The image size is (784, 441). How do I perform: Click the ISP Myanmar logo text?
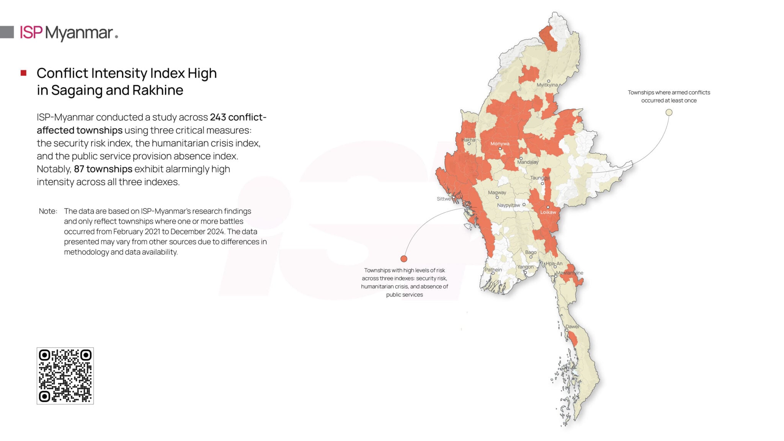tap(69, 33)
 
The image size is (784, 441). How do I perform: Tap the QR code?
tap(65, 376)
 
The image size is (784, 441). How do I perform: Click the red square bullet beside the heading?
tap(24, 73)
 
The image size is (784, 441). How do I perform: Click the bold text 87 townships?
tap(103, 169)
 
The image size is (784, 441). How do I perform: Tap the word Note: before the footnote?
tap(48, 211)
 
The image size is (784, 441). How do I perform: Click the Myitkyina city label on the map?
tap(547, 85)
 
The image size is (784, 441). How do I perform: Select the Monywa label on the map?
tap(500, 144)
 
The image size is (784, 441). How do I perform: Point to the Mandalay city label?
tap(528, 162)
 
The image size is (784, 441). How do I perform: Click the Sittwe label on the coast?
tap(444, 199)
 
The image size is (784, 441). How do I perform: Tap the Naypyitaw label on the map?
tap(508, 206)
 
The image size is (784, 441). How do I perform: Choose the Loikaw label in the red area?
tap(548, 212)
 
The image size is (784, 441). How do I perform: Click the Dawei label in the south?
tap(572, 327)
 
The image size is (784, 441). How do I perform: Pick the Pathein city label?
tap(493, 270)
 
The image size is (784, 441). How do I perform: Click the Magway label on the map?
tap(497, 193)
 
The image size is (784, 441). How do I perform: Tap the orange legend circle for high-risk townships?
tap(404, 259)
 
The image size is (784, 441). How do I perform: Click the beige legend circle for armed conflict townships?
tap(669, 113)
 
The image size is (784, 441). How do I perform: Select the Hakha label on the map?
tap(468, 140)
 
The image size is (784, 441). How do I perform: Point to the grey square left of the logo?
tap(7, 32)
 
